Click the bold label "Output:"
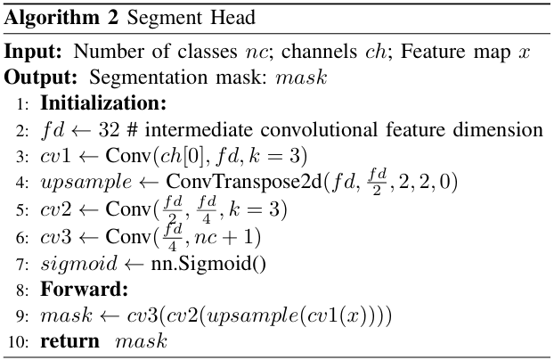point(37,78)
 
